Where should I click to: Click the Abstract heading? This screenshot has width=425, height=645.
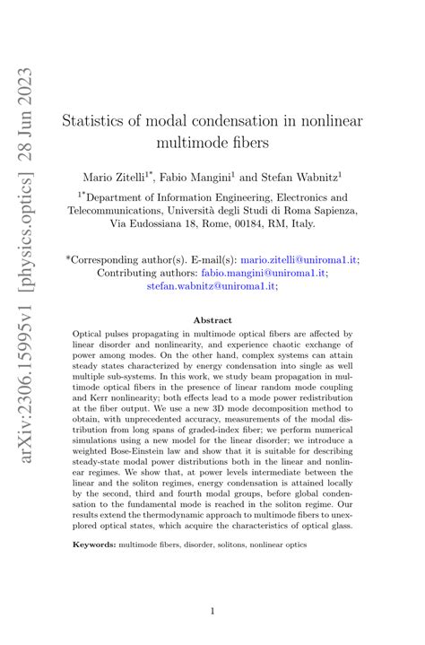click(212, 320)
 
